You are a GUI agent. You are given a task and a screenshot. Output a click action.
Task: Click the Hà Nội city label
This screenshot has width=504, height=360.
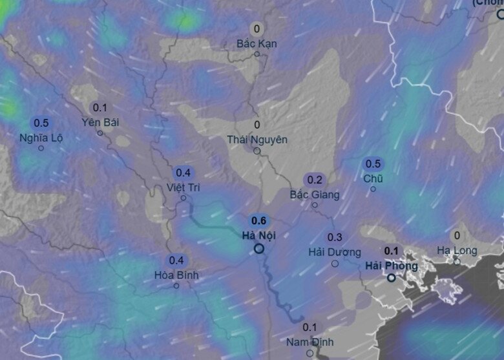tap(258, 235)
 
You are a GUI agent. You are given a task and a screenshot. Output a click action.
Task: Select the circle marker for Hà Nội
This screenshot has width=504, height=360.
tap(259, 248)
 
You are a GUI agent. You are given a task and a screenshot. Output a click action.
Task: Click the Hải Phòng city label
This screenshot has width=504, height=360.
tap(392, 265)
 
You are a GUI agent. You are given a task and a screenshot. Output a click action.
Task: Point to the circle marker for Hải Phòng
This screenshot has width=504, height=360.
tap(392, 278)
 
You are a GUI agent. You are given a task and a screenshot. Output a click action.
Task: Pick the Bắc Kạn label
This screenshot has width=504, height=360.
tap(257, 43)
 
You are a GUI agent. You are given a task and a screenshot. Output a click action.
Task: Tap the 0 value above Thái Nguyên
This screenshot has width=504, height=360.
tap(257, 125)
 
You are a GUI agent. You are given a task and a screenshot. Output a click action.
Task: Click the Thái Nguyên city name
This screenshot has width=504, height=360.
tap(257, 140)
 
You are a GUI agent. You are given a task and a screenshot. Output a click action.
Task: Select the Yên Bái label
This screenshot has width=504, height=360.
tap(101, 122)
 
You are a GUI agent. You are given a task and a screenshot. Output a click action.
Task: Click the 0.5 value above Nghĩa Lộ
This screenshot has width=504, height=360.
tap(41, 123)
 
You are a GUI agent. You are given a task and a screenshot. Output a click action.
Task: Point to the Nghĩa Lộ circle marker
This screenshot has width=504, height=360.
tap(41, 148)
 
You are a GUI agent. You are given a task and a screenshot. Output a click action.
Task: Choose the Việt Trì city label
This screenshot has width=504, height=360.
tap(183, 187)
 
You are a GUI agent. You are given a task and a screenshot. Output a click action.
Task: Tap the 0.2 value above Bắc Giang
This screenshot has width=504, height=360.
tap(315, 180)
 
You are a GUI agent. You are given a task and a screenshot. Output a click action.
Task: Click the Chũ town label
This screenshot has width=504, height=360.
tap(373, 178)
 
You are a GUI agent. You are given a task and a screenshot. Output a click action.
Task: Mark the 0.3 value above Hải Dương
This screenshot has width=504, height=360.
tap(335, 237)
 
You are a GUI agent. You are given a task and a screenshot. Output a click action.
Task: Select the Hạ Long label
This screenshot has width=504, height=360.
tap(457, 250)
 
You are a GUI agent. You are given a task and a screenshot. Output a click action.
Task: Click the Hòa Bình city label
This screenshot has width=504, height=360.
tap(176, 275)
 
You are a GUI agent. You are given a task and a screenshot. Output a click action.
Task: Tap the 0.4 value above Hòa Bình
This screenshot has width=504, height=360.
tap(176, 260)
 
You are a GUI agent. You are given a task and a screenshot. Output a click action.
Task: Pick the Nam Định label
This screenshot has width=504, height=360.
tap(310, 341)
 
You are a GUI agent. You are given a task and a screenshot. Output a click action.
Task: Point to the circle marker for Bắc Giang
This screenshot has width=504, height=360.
tap(315, 206)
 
